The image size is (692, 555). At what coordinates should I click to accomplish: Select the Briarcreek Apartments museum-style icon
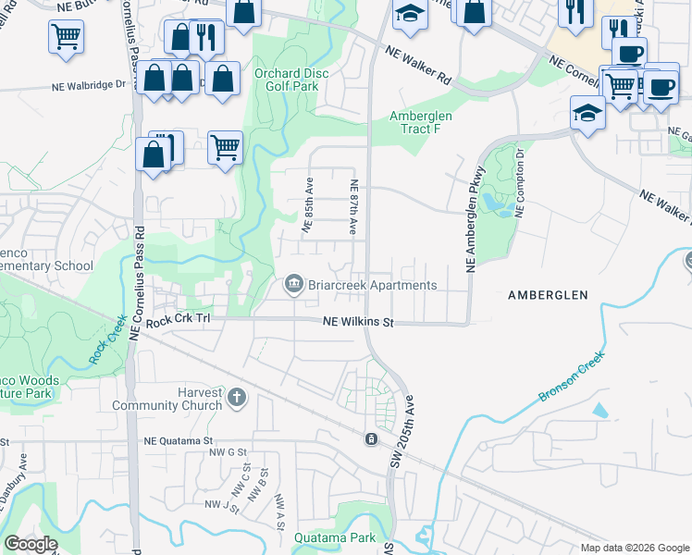click(294, 284)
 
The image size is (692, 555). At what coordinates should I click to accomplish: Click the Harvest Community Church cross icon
click(237, 398)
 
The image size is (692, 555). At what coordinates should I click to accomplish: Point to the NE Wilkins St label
click(358, 323)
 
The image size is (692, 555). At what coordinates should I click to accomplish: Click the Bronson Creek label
click(572, 376)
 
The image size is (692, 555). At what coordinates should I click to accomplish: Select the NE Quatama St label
click(179, 442)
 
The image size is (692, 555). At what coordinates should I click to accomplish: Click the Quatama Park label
click(335, 537)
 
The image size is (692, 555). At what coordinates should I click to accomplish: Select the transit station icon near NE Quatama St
click(371, 438)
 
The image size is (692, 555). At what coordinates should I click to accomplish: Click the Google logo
click(31, 544)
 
